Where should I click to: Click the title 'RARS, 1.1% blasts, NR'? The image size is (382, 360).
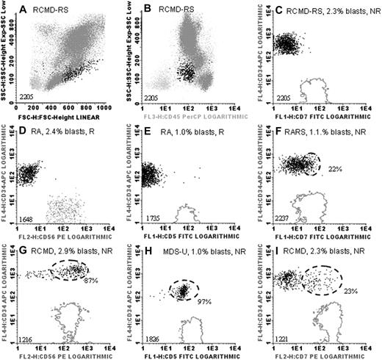coord(324,132)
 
